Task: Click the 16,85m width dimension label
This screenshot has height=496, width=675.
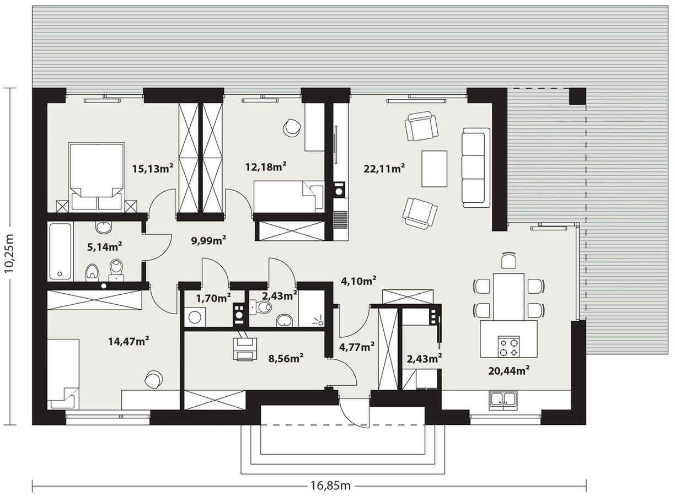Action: (330, 486)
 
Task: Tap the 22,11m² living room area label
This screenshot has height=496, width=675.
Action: (384, 168)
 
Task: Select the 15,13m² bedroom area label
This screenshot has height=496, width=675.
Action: (152, 168)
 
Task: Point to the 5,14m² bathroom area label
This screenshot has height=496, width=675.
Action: (105, 247)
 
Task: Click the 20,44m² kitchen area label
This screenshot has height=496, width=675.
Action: (509, 371)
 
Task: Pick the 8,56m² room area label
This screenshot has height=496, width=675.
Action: (286, 358)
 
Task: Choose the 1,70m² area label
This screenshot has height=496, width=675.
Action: (213, 298)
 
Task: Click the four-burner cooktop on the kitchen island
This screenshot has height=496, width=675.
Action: (508, 347)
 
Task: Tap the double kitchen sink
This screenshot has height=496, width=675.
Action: (503, 400)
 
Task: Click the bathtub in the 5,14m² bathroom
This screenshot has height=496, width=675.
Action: (60, 252)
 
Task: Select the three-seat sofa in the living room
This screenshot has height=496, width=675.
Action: (476, 168)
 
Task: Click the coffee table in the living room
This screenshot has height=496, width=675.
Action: (434, 169)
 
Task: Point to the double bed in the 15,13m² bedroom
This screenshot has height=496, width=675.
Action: (97, 176)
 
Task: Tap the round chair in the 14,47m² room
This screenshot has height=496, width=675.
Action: (153, 379)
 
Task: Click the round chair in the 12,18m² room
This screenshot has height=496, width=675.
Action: (292, 128)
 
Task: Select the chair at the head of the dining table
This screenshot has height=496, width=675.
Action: (508, 260)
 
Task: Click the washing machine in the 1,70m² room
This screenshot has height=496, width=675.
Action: (195, 317)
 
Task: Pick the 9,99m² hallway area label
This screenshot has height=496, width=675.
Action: (208, 240)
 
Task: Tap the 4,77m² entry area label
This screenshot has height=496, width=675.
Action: (357, 347)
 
